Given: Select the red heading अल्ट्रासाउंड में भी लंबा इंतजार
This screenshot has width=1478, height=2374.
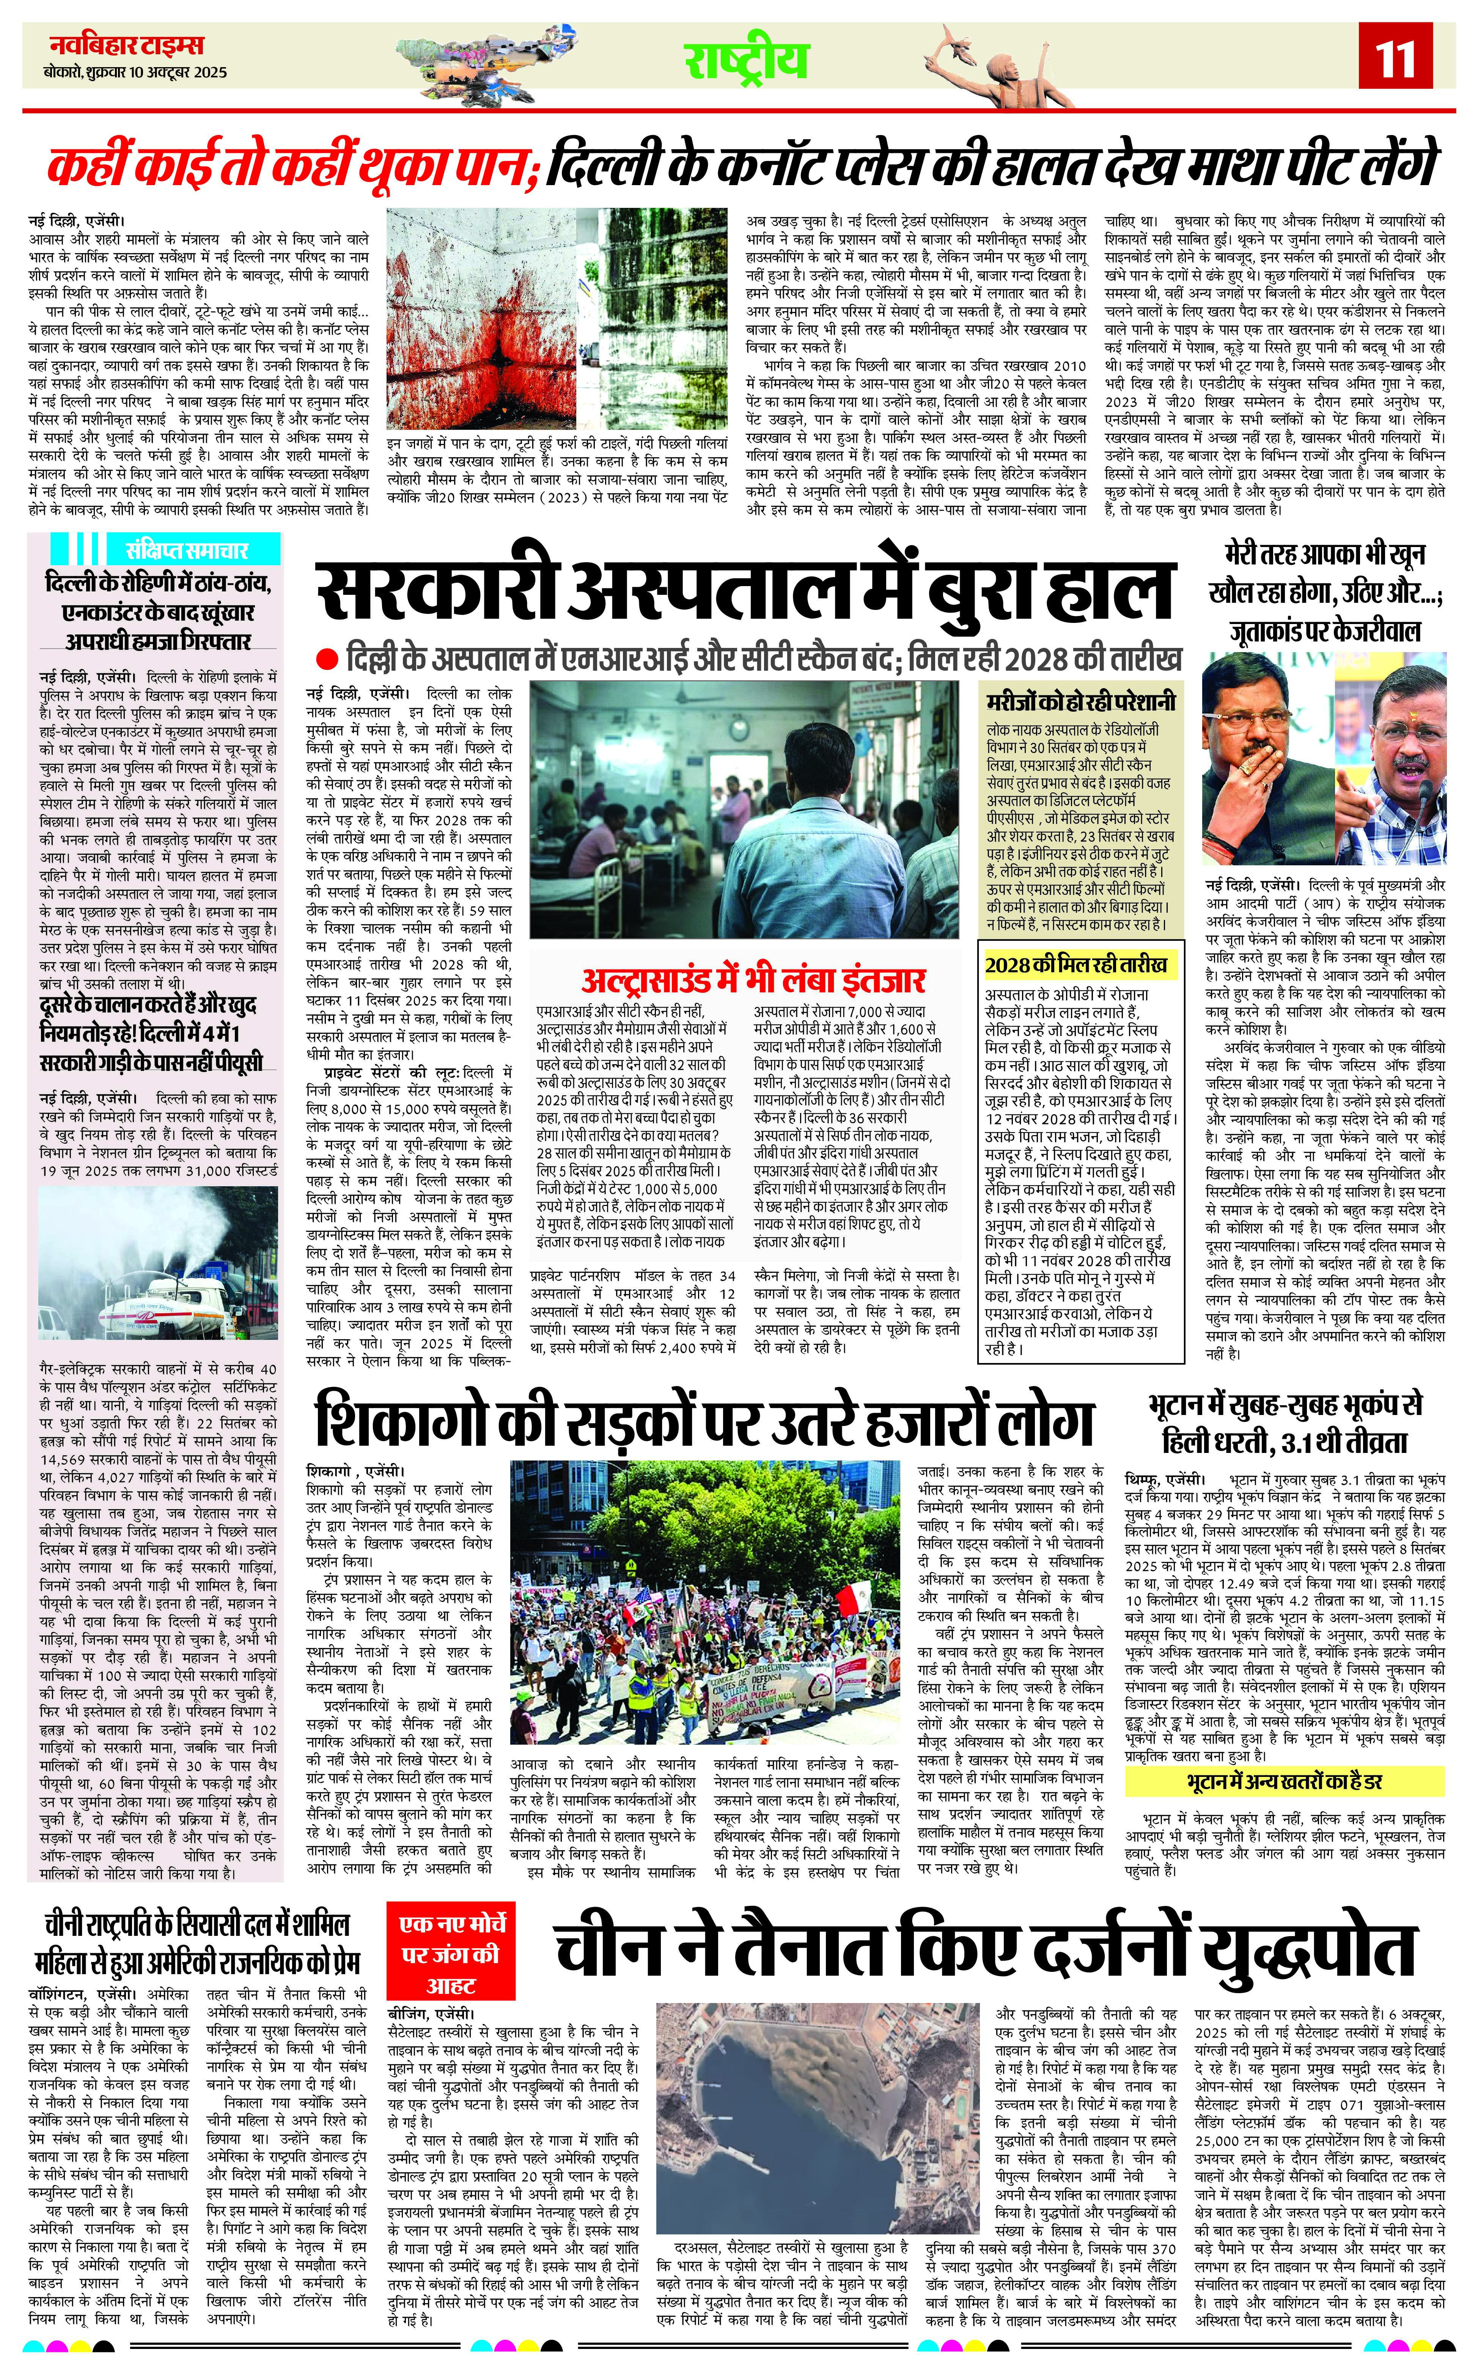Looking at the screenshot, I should (753, 979).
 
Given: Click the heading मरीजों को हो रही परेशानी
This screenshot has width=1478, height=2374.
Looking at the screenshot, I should (1080, 702).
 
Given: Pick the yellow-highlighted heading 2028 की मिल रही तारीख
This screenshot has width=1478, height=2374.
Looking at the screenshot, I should (1075, 964).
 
